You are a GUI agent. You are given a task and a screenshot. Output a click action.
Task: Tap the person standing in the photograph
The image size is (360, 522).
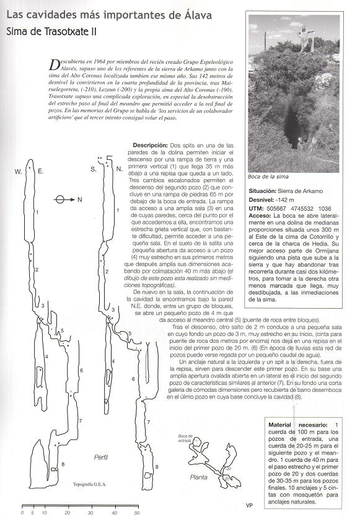(304, 38)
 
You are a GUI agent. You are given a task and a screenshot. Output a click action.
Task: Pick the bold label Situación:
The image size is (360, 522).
(266, 192)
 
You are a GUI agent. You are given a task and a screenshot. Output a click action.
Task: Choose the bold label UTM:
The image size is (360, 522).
(257, 210)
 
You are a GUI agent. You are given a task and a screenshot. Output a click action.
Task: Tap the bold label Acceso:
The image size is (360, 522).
(263, 219)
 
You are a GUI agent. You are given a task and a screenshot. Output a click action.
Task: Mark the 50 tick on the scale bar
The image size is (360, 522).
(136, 513)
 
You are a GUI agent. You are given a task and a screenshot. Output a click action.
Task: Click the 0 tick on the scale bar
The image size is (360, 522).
(22, 513)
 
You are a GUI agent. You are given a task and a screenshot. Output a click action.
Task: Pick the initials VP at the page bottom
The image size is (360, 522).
(248, 506)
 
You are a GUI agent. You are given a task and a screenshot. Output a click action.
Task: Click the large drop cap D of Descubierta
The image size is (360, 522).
(59, 63)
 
